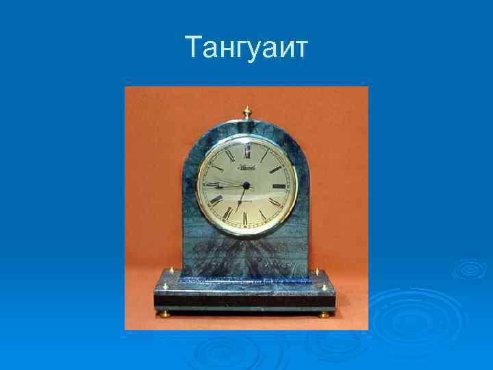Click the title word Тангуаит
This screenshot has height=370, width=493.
246,48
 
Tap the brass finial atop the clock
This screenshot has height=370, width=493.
246,112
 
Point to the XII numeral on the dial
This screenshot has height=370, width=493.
246,145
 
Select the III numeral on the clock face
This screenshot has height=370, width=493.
279,185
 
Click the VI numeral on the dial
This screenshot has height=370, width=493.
245,219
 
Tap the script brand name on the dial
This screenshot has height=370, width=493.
246,166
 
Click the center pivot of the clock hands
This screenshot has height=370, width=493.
244,185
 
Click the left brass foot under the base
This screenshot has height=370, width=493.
164,314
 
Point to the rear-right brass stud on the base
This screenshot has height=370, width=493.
316,271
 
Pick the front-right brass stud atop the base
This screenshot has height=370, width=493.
325,288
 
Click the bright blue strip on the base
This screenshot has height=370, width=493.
246,279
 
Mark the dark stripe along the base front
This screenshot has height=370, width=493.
246,300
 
